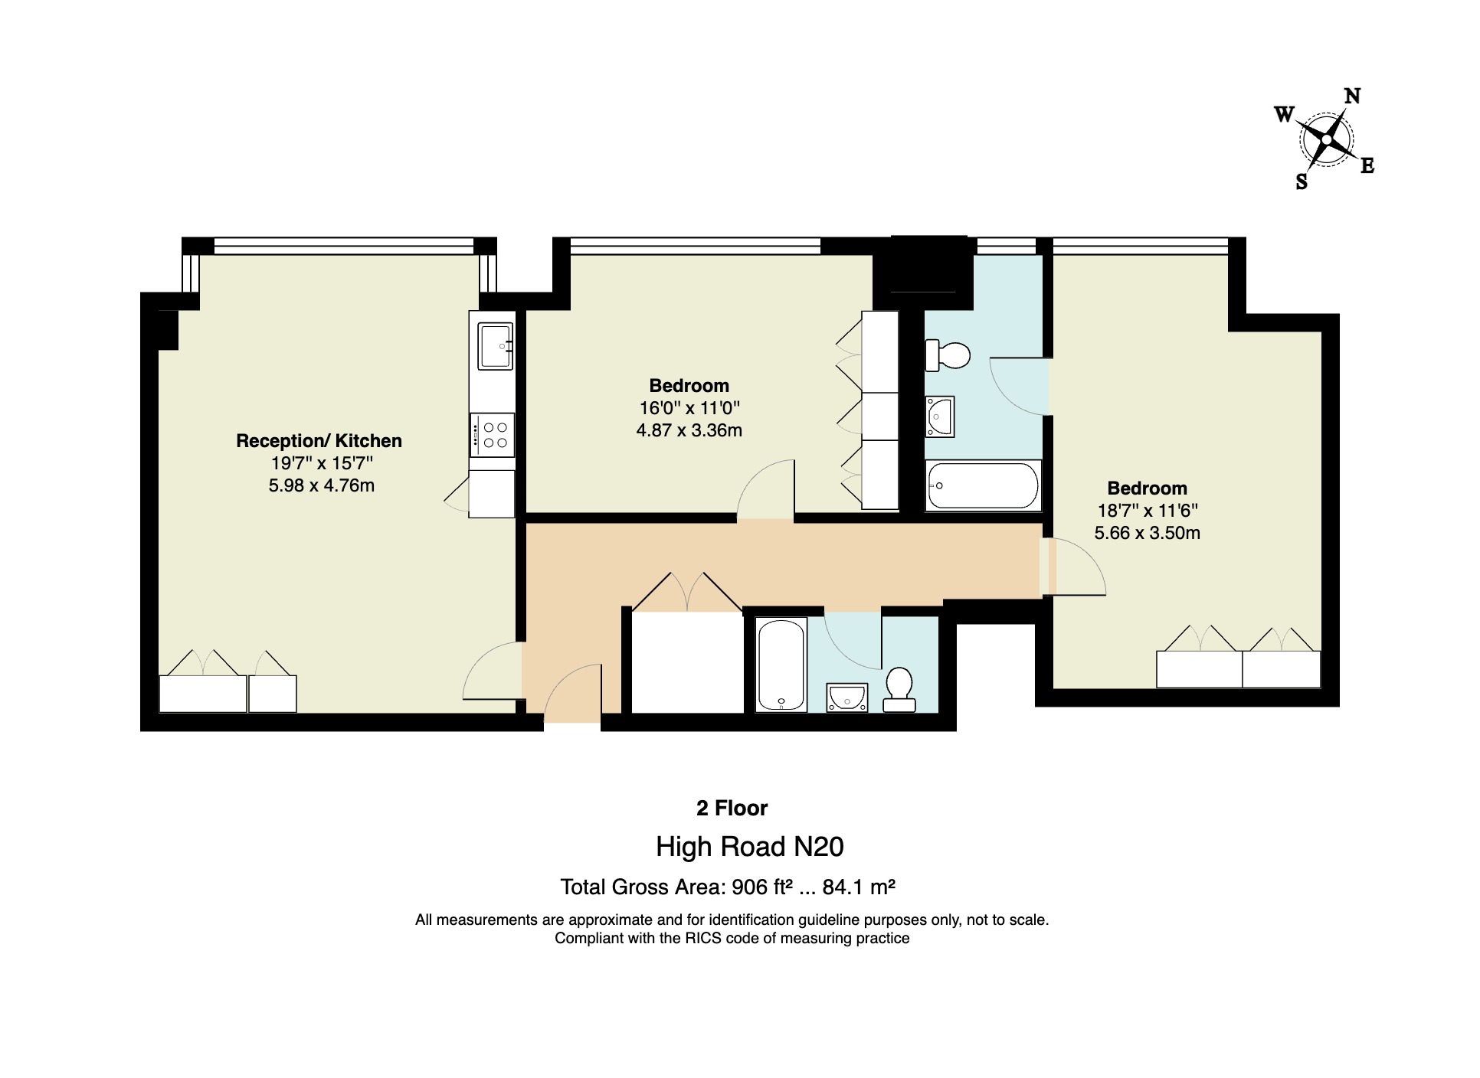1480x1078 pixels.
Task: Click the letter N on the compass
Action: (x=1352, y=96)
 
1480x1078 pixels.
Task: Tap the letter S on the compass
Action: (x=1302, y=182)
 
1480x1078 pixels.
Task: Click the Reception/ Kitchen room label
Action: (x=319, y=441)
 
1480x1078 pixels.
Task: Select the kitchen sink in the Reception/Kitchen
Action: (x=495, y=346)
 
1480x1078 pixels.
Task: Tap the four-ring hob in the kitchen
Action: (x=492, y=436)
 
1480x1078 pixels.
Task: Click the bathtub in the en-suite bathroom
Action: (x=983, y=485)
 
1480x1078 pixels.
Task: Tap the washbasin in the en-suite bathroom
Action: (x=940, y=417)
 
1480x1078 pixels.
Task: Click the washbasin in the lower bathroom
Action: (x=847, y=698)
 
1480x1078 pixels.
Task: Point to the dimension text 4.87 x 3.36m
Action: (x=689, y=431)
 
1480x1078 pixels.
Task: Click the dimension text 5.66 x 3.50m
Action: (x=1147, y=533)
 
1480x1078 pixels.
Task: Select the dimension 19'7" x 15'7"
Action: (x=322, y=463)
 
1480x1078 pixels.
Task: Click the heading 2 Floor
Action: (x=732, y=808)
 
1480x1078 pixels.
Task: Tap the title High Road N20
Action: (x=749, y=847)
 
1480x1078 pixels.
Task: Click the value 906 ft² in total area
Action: (x=761, y=887)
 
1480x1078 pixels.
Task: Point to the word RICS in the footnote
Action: (x=702, y=939)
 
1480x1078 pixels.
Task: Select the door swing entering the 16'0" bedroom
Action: (x=766, y=490)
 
